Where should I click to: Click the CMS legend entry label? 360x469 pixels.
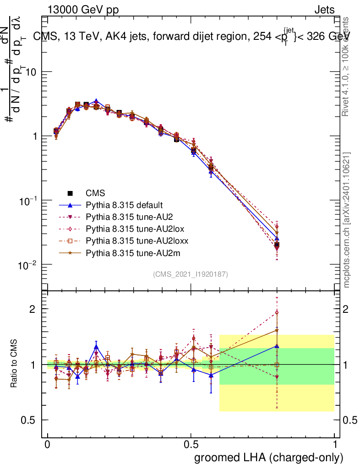pyautogui.click(x=96, y=193)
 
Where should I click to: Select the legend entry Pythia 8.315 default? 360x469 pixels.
pyautogui.click(x=124, y=205)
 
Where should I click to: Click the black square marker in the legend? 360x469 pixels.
pyautogui.click(x=71, y=193)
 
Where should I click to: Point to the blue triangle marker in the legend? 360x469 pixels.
pyautogui.click(x=71, y=205)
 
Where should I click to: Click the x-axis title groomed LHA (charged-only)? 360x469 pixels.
pyautogui.click(x=269, y=457)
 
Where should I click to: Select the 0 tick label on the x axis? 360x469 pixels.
pyautogui.click(x=48, y=445)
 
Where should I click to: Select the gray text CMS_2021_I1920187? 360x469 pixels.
pyautogui.click(x=191, y=274)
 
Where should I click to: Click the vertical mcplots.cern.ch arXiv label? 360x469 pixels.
pyautogui.click(x=348, y=220)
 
